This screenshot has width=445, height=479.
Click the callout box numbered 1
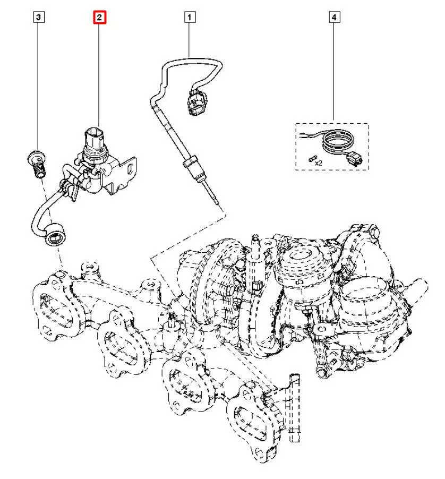[x=190, y=18]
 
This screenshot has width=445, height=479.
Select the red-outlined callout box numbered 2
[x=100, y=18]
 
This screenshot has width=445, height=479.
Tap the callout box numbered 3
[x=38, y=18]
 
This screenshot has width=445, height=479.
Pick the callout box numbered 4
[x=333, y=18]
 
